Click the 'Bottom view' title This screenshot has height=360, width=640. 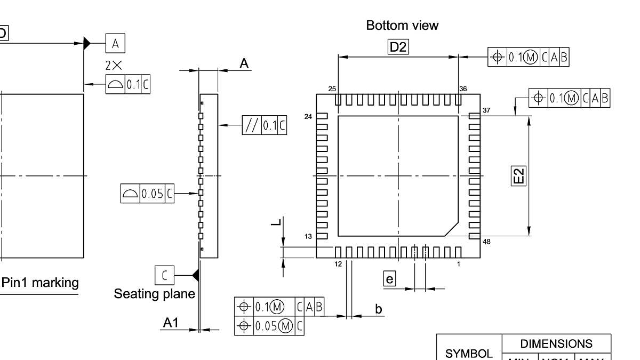click(x=402, y=25)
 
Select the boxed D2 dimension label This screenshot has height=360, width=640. click(x=398, y=47)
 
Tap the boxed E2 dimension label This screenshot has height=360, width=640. click(x=518, y=175)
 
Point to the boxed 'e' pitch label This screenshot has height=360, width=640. click(x=390, y=278)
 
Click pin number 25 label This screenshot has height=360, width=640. click(x=332, y=89)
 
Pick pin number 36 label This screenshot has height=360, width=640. click(x=462, y=89)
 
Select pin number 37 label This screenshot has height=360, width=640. click(x=486, y=110)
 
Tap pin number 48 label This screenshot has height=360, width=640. click(x=486, y=242)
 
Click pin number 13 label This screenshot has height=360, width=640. click(x=309, y=236)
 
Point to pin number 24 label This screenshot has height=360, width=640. click(x=308, y=116)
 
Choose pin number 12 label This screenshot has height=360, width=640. click(x=338, y=264)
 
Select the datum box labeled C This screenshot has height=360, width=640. click(x=164, y=275)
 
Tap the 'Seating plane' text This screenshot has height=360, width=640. click(x=154, y=294)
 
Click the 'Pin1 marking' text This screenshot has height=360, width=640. click(x=40, y=283)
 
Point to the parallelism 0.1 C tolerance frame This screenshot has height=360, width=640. click(x=265, y=125)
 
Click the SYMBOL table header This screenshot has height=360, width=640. click(x=469, y=353)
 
